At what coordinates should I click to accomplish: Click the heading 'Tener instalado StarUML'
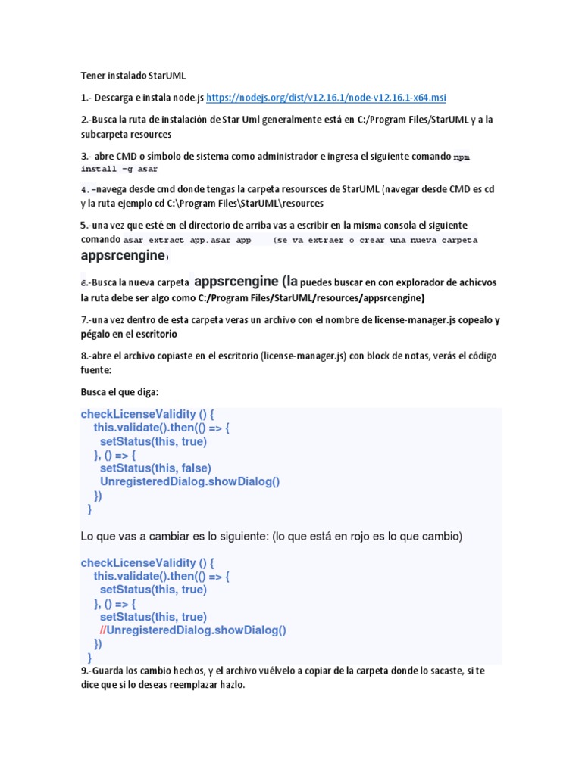click(133, 76)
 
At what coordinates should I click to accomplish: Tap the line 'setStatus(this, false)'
click(155, 468)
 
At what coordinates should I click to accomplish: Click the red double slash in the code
click(103, 630)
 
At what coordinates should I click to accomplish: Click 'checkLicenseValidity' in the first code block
click(138, 414)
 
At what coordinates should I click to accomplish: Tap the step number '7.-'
click(88, 319)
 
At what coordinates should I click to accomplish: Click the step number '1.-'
click(88, 98)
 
